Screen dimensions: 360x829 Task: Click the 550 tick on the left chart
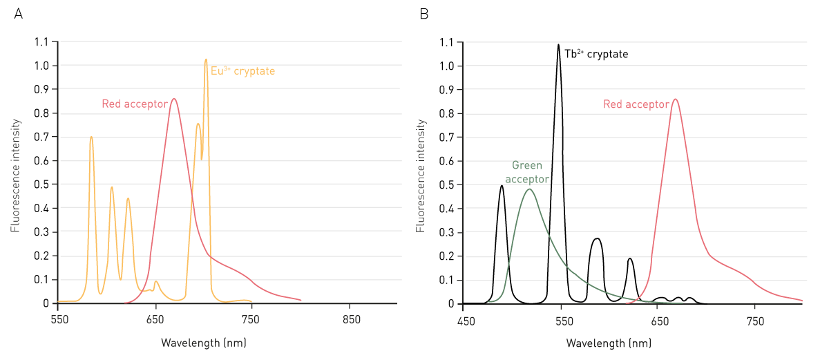[59, 321]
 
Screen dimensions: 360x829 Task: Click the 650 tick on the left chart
[155, 321]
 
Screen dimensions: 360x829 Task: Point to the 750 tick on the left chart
[251, 321]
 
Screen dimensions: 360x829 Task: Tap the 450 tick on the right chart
[466, 321]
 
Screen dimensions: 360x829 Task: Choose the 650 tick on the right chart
[660, 321]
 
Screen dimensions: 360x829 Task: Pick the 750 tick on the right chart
[755, 321]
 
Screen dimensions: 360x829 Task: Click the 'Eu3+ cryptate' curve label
[242, 70]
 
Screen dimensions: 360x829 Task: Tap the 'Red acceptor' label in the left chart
[135, 104]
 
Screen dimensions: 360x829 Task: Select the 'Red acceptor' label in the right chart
[636, 104]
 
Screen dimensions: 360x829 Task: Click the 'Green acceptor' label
[527, 172]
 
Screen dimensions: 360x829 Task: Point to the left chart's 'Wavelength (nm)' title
[203, 343]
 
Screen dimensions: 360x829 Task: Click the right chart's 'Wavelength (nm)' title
[608, 343]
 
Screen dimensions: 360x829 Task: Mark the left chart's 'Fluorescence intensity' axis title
[16, 176]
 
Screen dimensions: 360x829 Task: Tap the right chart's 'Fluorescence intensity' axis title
[421, 176]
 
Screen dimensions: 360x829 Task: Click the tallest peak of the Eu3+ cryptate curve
[206, 60]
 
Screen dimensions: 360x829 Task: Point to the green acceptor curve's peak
[529, 189]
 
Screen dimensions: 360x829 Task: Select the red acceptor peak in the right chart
[675, 99]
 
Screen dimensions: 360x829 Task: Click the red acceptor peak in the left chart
[174, 99]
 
